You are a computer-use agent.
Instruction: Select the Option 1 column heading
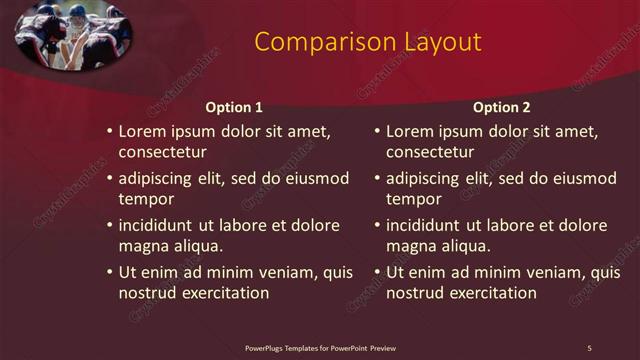pos(234,107)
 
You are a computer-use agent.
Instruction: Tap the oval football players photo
pos(74,34)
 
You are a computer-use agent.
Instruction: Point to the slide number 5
pos(589,347)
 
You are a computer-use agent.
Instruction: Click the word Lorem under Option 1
pos(142,131)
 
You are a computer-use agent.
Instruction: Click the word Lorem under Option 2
pos(409,131)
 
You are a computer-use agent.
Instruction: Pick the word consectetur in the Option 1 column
pos(163,152)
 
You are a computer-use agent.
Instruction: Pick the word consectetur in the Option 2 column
pos(430,152)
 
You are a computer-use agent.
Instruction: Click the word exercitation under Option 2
pos(487,293)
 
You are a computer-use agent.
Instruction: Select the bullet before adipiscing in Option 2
pos(376,179)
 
